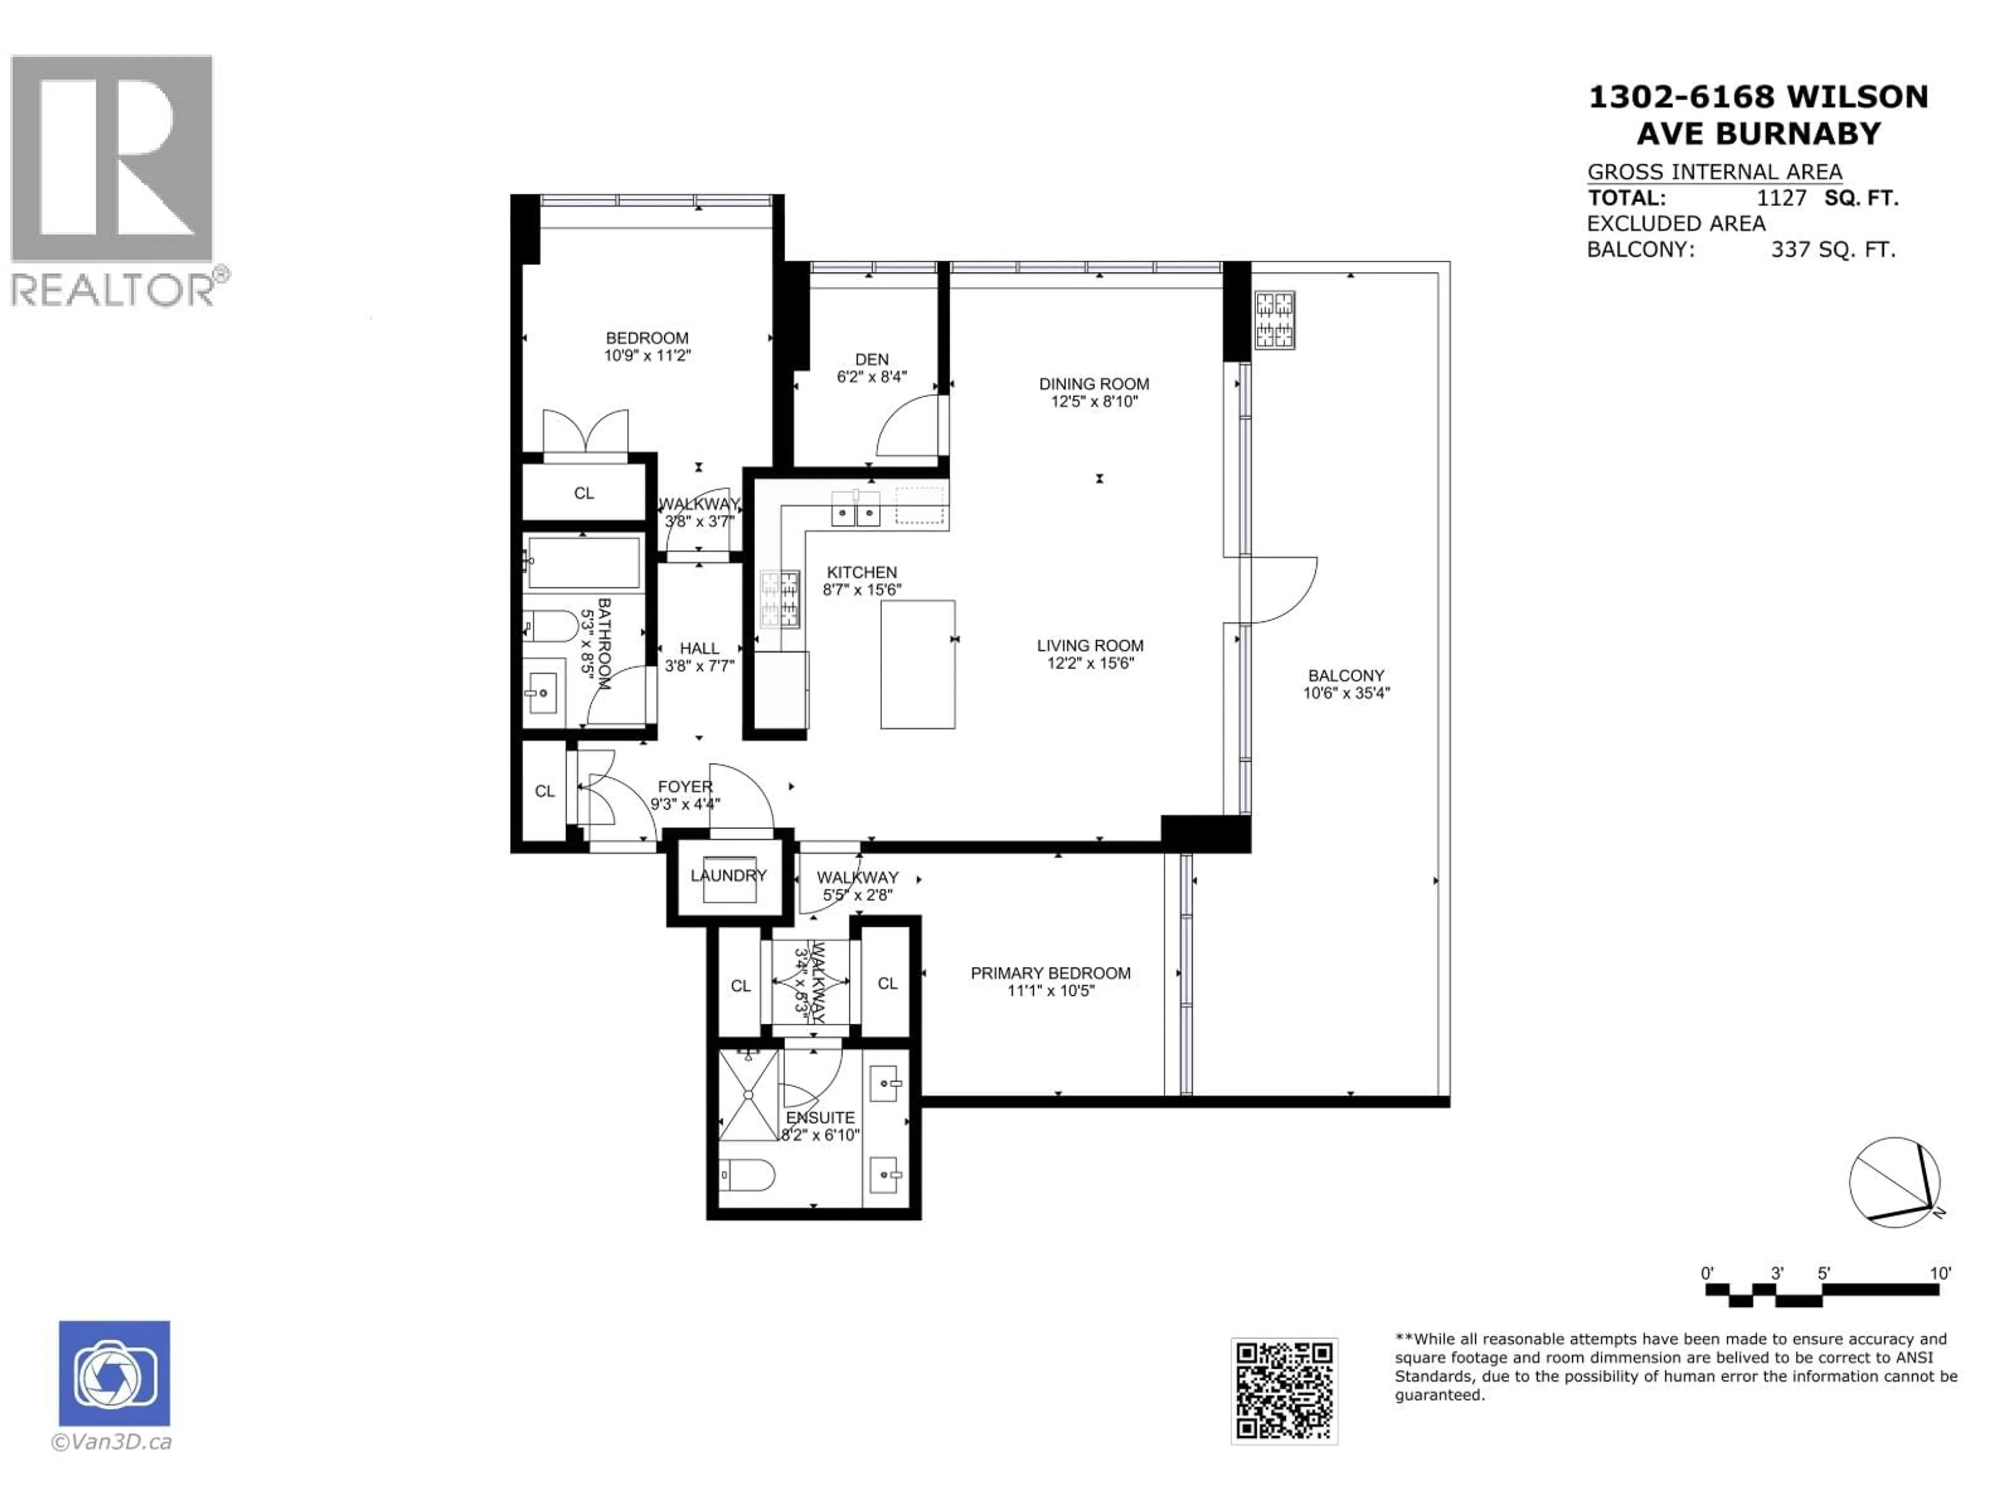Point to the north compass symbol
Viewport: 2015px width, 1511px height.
point(1894,1182)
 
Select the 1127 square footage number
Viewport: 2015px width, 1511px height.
point(1781,198)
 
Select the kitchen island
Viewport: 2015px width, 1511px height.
point(917,664)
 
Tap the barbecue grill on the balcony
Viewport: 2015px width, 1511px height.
point(1275,320)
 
